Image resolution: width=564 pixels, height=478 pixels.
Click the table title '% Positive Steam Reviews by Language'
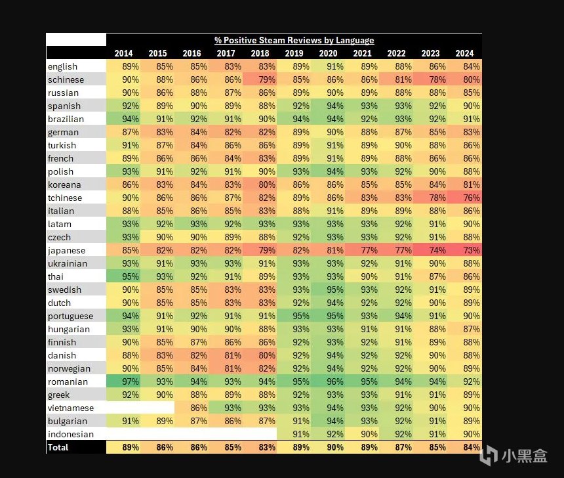pyautogui.click(x=294, y=40)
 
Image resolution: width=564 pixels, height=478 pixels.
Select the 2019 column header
pyautogui.click(x=294, y=53)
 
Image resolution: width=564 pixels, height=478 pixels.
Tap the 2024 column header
pyautogui.click(x=465, y=53)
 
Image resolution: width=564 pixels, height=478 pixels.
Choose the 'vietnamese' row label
pyautogui.click(x=70, y=408)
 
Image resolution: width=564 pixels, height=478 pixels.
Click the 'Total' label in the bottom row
pyautogui.click(x=58, y=447)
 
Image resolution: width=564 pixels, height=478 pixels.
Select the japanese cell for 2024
pyautogui.click(x=465, y=250)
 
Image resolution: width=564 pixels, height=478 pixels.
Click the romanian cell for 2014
pyautogui.click(x=123, y=381)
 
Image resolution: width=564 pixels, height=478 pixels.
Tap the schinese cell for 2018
pyautogui.click(x=260, y=79)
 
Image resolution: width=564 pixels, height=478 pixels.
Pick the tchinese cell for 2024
pyautogui.click(x=465, y=198)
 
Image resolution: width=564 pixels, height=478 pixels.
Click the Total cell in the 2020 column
pyautogui.click(x=328, y=447)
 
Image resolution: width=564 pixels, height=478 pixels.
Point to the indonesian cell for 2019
pyautogui.click(x=294, y=434)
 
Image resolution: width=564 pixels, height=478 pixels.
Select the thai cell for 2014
pyautogui.click(x=123, y=276)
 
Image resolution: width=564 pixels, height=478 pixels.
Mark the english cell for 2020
pyautogui.click(x=328, y=66)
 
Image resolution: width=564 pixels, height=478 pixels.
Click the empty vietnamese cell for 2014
pyautogui.click(x=123, y=408)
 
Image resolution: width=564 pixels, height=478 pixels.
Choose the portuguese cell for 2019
pyautogui.click(x=294, y=316)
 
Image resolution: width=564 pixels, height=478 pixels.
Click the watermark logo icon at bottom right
pyautogui.click(x=489, y=455)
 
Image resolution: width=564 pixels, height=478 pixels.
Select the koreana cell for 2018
pyautogui.click(x=260, y=185)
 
